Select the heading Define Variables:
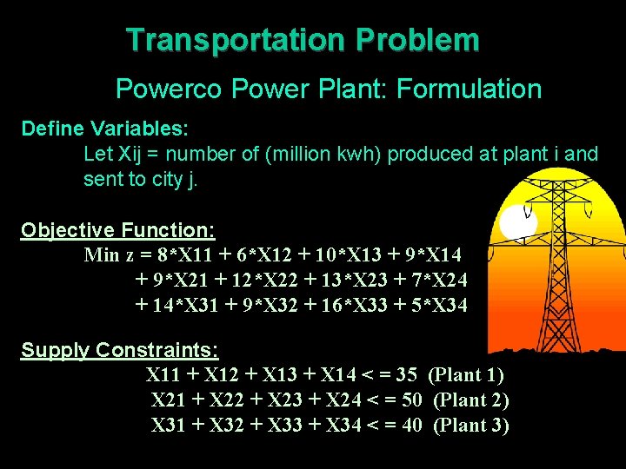[105, 129]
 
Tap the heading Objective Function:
[118, 230]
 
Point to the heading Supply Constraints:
[120, 350]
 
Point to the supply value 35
[406, 375]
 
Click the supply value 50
[412, 400]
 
